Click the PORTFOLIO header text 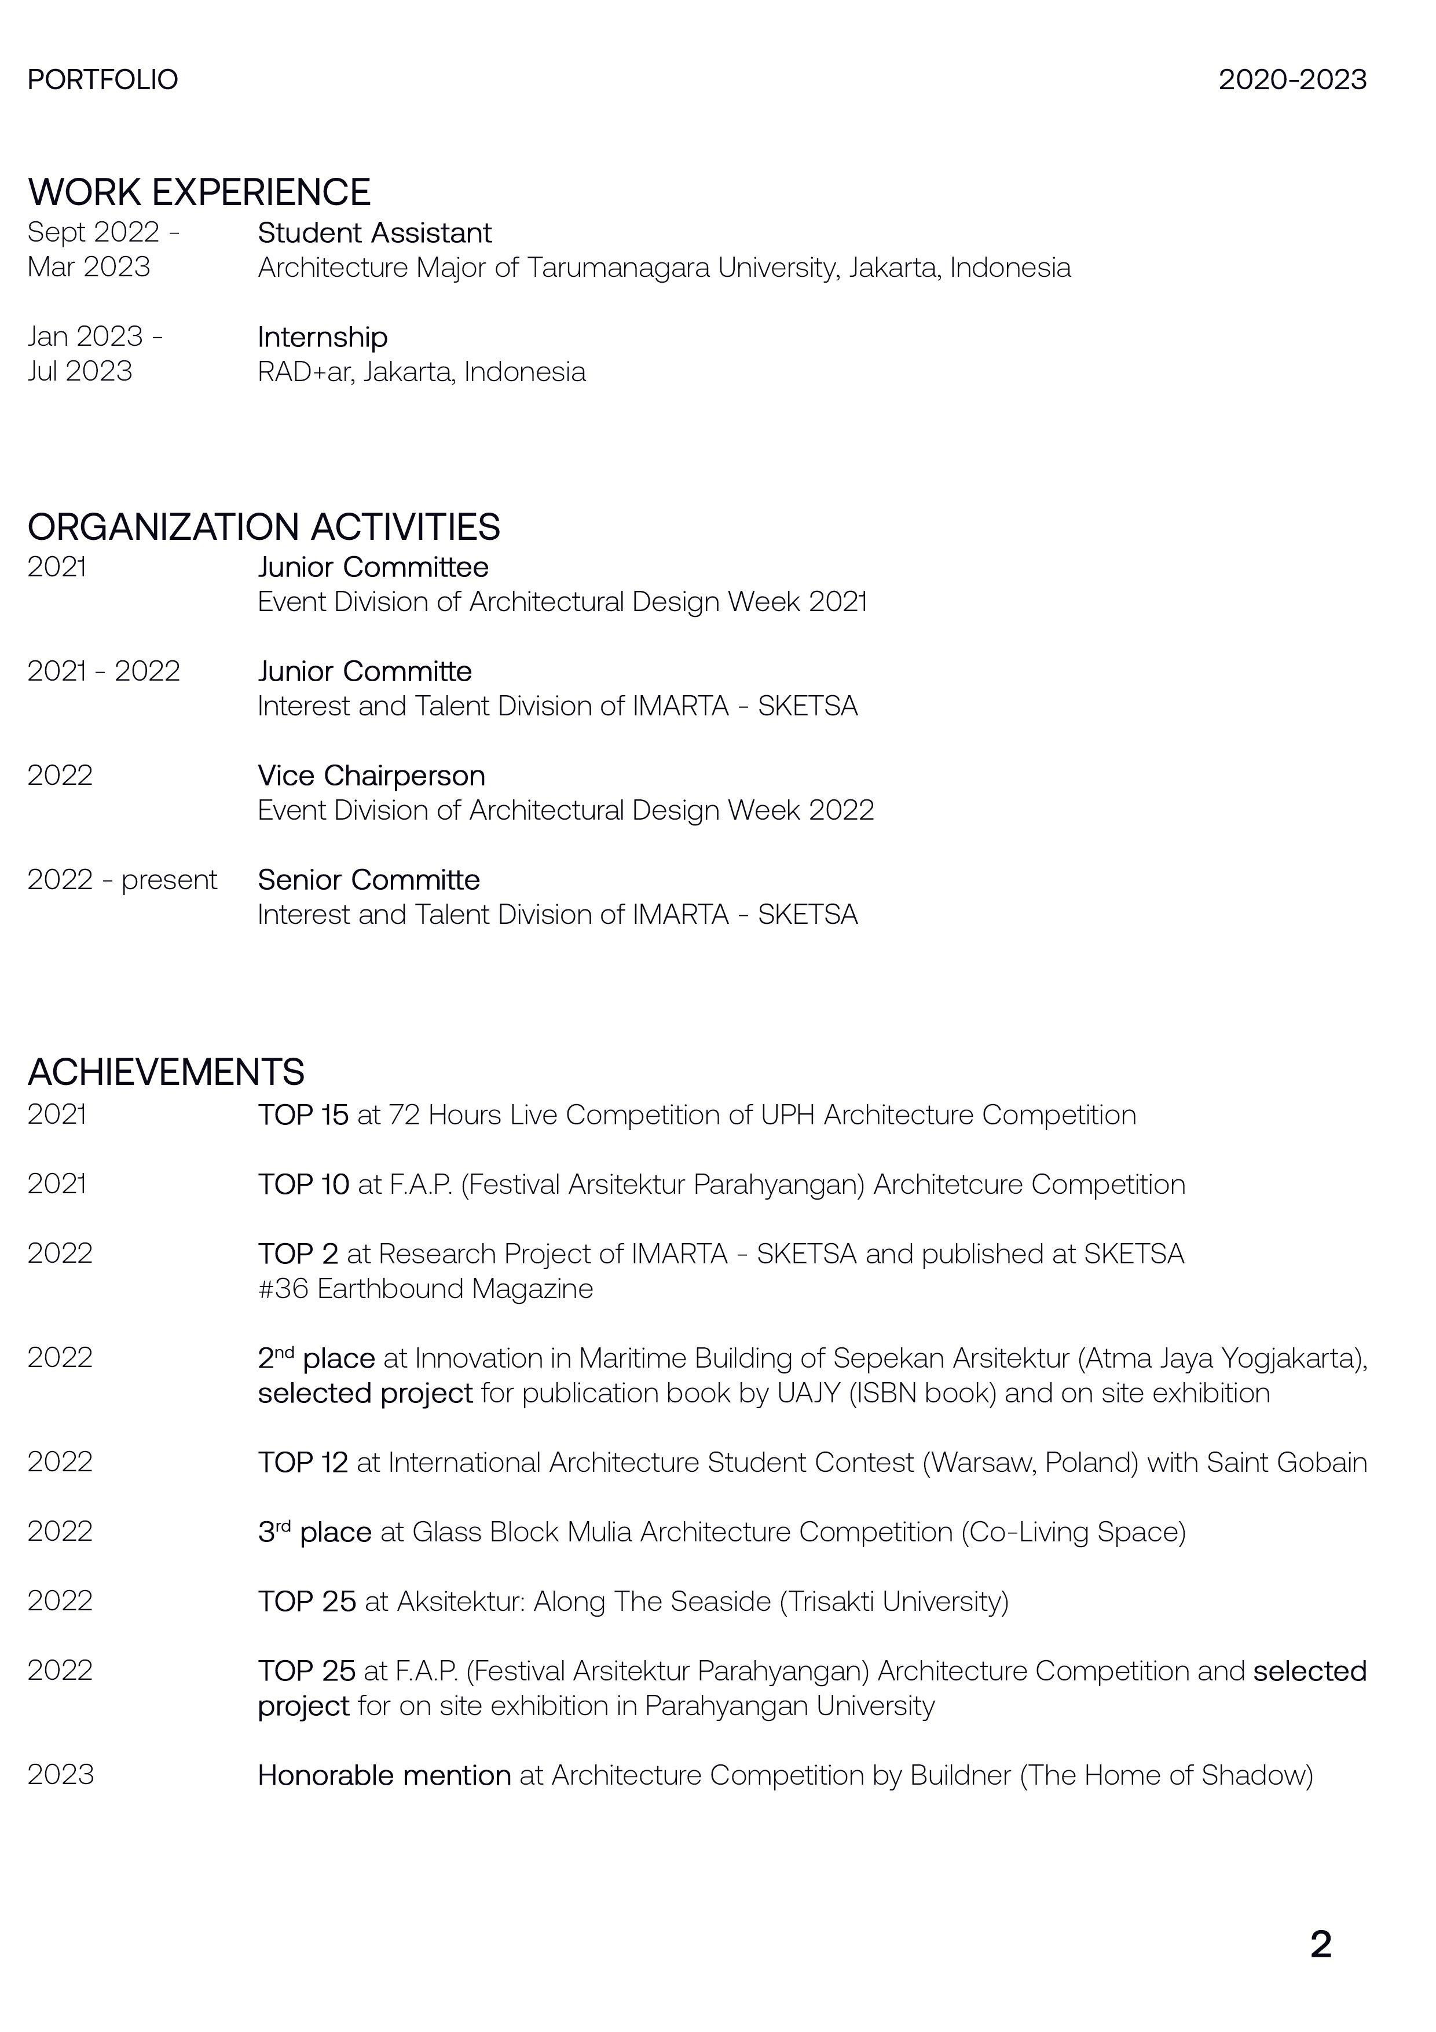point(102,80)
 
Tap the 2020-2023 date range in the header point(1292,80)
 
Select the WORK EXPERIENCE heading point(199,192)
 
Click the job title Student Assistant point(374,233)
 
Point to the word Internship point(322,337)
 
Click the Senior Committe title point(368,880)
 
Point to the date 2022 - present point(122,880)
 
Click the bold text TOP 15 point(303,1115)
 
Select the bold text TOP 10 point(303,1184)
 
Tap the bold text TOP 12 point(303,1462)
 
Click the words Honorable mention point(384,1775)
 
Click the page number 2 point(1320,1945)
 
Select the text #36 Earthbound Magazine point(424,1289)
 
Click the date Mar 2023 point(89,267)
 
